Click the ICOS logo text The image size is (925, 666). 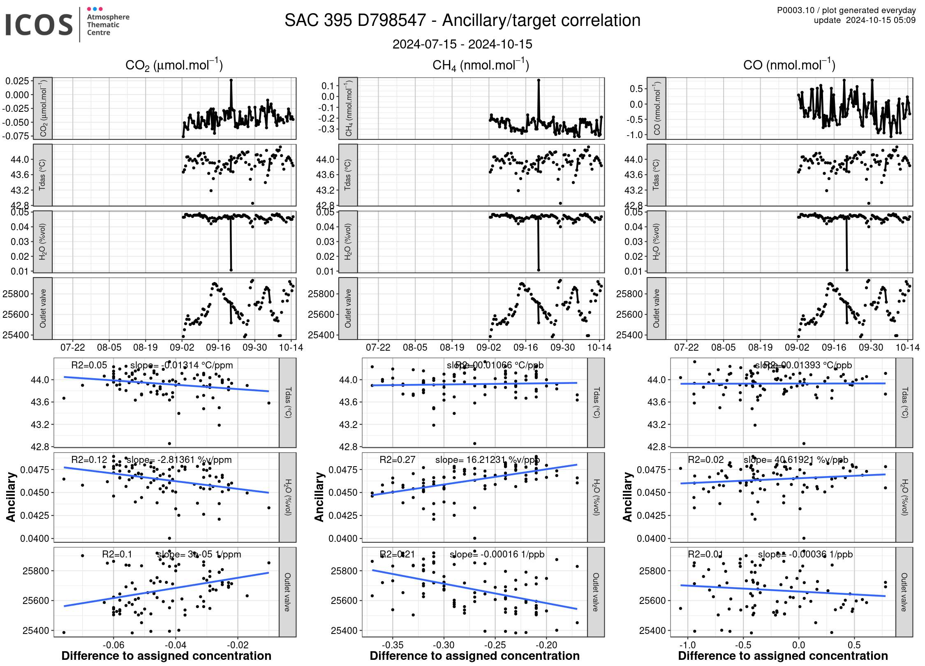click(39, 25)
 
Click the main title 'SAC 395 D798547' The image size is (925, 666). click(355, 21)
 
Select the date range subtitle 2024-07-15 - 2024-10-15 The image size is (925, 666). click(462, 44)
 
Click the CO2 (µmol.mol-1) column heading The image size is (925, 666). click(174, 65)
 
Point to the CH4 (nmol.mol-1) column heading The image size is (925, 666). click(481, 65)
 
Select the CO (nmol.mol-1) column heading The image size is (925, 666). click(789, 65)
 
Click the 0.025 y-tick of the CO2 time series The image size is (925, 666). click(17, 81)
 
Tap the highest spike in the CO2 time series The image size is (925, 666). click(231, 81)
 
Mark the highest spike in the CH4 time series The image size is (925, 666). click(539, 80)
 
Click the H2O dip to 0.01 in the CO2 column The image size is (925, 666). click(231, 270)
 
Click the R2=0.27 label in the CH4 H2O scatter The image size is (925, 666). click(397, 460)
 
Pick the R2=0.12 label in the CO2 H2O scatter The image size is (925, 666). click(89, 460)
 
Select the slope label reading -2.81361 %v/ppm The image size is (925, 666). click(179, 460)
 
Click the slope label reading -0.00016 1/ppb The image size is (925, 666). click(497, 554)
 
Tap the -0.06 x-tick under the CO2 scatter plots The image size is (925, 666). click(113, 645)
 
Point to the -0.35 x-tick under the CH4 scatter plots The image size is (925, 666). click(392, 645)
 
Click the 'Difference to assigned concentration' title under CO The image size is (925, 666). click(783, 656)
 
